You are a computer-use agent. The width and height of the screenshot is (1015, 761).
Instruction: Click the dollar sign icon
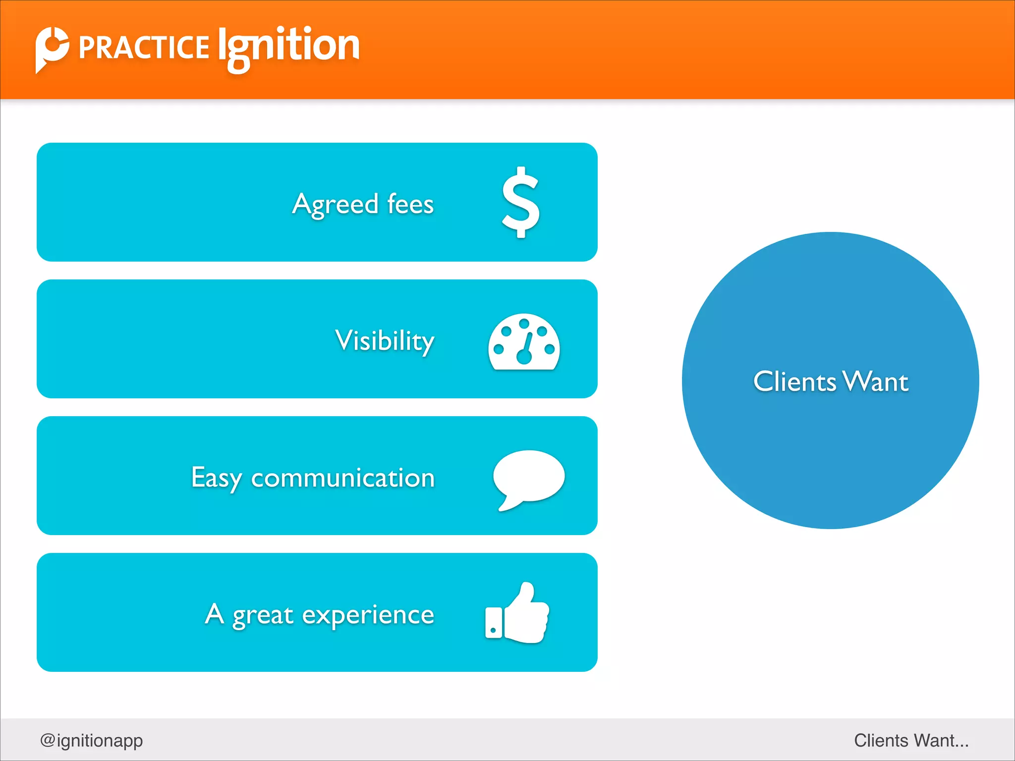[x=520, y=202]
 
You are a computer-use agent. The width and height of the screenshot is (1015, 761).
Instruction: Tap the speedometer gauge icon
[x=524, y=342]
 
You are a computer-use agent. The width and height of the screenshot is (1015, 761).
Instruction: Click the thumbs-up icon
[x=517, y=613]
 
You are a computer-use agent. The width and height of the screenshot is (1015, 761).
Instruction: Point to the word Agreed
[x=336, y=205]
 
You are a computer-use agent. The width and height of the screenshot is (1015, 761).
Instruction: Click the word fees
[x=410, y=204]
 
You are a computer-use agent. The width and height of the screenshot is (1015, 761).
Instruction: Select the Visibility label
[x=385, y=341]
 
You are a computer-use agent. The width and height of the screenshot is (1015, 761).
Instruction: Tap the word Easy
[x=217, y=478]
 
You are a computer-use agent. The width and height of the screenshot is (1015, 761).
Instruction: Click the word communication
[x=343, y=478]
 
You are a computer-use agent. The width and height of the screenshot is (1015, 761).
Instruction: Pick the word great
[x=263, y=616]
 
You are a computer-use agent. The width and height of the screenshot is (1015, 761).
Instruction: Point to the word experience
[x=368, y=616]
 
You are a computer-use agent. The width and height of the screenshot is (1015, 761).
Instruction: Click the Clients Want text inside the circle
[x=831, y=381]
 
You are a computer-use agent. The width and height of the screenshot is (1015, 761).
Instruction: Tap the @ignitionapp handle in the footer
[x=92, y=740]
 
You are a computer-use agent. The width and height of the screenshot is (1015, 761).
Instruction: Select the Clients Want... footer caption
[x=911, y=740]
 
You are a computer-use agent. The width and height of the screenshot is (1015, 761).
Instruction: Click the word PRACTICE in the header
[x=144, y=48]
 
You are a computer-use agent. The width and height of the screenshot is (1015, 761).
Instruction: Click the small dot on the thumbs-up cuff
[x=493, y=630]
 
